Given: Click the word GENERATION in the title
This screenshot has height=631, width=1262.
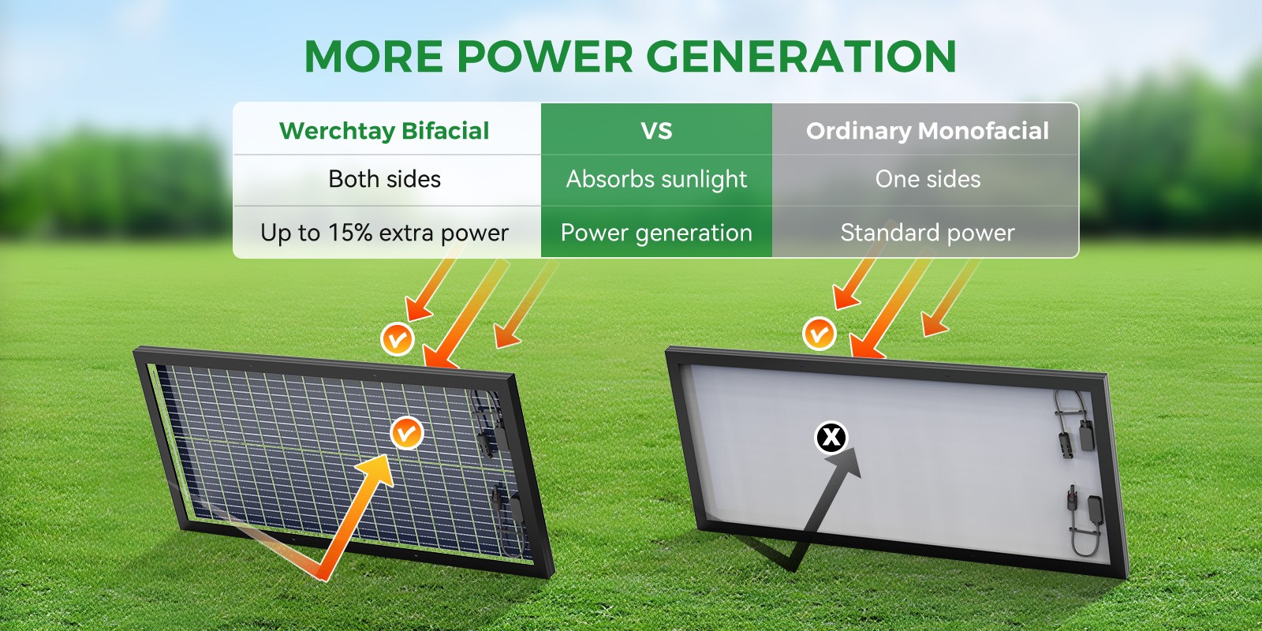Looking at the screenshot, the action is coord(801,56).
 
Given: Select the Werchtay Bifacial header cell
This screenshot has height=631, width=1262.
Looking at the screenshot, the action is coord(386,129).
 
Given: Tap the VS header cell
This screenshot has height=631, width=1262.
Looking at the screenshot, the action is coord(656,129).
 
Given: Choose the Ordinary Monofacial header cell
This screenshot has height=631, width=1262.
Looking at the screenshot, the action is coord(926,129).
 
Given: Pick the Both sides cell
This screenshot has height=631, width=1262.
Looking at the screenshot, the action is coord(386,180).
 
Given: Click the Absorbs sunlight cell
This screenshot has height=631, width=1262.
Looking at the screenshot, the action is coord(656,180).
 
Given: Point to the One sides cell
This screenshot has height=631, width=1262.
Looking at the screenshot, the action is coord(926,180).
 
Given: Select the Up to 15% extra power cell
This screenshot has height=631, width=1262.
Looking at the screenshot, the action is coord(386,232).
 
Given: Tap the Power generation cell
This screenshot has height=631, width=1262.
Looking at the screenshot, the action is coord(656,232).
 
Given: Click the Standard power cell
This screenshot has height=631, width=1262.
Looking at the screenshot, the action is coord(926,232).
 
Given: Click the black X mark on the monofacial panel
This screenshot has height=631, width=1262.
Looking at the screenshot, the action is coord(831,437).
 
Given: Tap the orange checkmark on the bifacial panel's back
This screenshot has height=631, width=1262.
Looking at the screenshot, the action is coord(406,433).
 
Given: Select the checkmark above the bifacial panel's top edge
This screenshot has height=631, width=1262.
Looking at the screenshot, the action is coord(398,339).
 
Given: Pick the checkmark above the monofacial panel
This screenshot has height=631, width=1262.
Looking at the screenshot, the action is coord(819,334).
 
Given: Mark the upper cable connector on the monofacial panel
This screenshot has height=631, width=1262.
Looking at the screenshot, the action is coord(1066,445).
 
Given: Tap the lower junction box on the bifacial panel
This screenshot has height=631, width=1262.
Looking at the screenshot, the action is coord(517,509).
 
